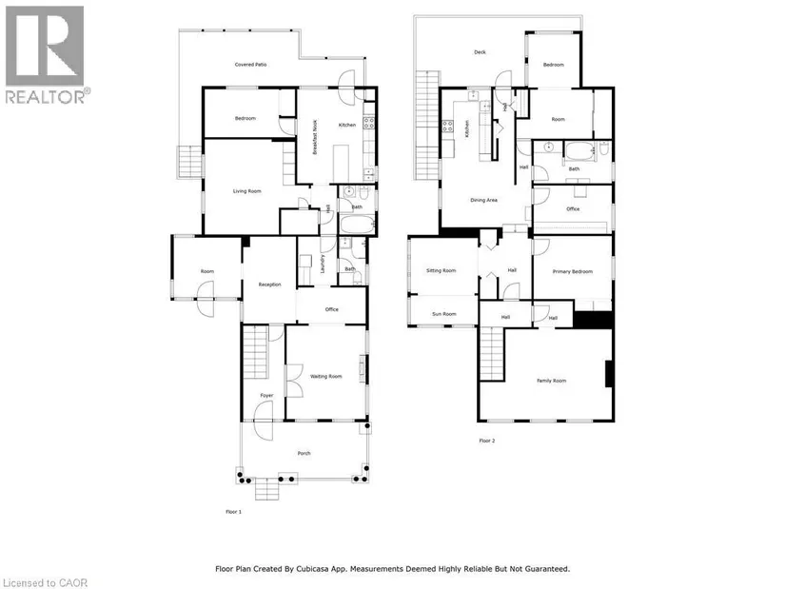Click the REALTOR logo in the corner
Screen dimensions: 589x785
pyautogui.click(x=46, y=54)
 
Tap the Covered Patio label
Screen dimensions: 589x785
pyautogui.click(x=251, y=65)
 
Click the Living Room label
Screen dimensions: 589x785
pyautogui.click(x=247, y=191)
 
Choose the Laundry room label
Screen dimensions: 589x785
pyautogui.click(x=324, y=268)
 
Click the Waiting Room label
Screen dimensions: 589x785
pyautogui.click(x=326, y=376)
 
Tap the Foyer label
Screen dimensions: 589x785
pyautogui.click(x=267, y=395)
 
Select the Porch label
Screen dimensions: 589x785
pyautogui.click(x=304, y=453)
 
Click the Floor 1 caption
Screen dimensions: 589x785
pyautogui.click(x=233, y=512)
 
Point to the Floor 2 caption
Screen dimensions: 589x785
pyautogui.click(x=487, y=441)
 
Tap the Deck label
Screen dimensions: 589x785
pyautogui.click(x=480, y=52)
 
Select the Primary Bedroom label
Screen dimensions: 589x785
pyautogui.click(x=575, y=271)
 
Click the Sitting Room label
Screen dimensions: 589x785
pyautogui.click(x=442, y=270)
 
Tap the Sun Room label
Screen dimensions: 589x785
pyautogui.click(x=443, y=313)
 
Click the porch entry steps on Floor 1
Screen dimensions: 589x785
pyautogui.click(x=267, y=489)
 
